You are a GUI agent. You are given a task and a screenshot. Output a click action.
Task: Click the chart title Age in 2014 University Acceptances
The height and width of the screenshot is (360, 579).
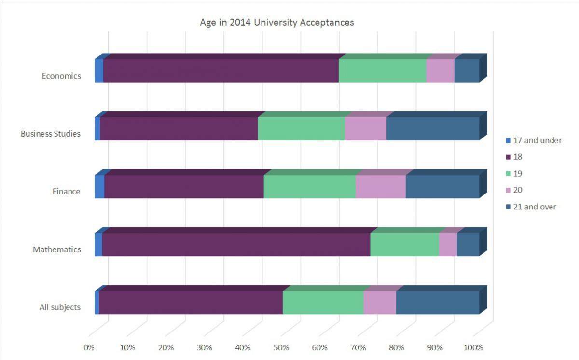(277, 23)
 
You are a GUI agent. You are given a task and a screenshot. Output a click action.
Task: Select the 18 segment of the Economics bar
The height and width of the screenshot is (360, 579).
(221, 71)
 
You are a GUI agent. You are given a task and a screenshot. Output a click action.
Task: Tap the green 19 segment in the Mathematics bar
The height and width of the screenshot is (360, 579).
(404, 245)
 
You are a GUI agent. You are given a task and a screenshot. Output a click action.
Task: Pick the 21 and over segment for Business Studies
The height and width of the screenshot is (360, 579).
(432, 129)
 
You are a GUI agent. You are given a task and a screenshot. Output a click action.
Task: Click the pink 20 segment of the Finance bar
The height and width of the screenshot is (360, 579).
(380, 187)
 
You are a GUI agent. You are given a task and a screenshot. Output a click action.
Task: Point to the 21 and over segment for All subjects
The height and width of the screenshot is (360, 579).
(437, 303)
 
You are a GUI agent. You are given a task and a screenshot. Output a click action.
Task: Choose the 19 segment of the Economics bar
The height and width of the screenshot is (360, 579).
(382, 71)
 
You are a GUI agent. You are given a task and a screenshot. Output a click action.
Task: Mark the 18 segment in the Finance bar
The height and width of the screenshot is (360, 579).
(184, 187)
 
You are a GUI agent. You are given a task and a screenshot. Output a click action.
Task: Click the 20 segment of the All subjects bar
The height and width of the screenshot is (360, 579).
(379, 303)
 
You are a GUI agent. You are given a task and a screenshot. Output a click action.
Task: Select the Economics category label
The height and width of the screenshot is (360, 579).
(61, 76)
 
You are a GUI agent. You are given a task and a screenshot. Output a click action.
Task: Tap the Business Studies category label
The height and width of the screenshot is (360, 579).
(51, 134)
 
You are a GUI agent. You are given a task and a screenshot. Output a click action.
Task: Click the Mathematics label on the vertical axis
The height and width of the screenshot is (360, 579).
(57, 249)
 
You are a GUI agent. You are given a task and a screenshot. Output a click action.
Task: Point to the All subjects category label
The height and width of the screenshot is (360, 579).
(60, 307)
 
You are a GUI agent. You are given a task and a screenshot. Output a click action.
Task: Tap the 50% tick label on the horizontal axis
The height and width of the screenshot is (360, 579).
(281, 348)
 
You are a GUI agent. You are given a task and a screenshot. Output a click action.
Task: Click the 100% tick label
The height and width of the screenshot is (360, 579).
(473, 348)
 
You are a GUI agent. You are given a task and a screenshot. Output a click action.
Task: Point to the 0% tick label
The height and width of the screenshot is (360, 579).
(89, 348)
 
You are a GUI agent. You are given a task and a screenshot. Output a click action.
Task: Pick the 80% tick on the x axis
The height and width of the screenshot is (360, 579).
(397, 348)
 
